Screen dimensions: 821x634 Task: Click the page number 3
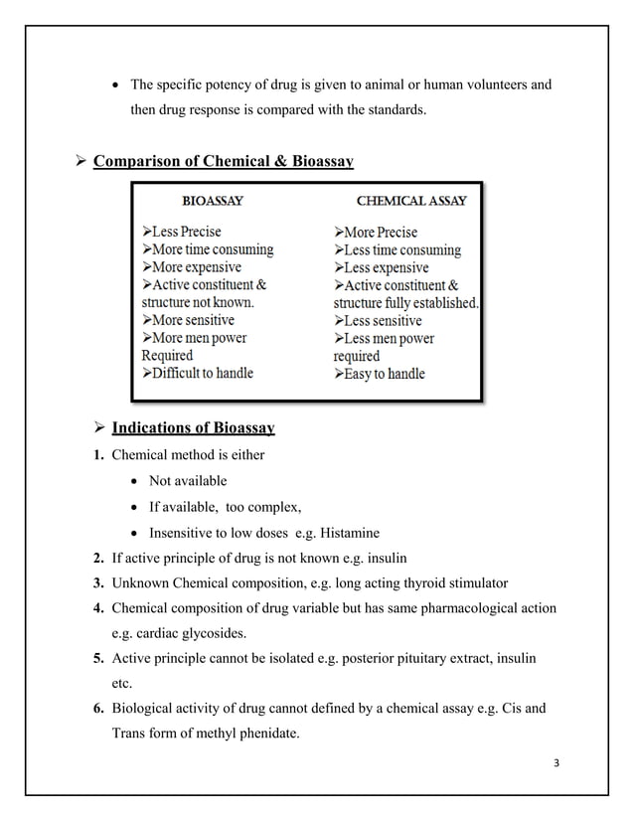(x=557, y=762)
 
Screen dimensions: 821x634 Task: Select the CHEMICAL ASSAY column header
(x=411, y=200)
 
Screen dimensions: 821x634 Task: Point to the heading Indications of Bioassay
(x=193, y=428)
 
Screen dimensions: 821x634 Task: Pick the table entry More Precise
(x=382, y=232)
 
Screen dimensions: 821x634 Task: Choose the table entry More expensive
(x=197, y=267)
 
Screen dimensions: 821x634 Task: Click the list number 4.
(x=98, y=608)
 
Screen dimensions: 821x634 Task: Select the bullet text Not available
(x=188, y=481)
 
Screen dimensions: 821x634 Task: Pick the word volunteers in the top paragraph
(x=489, y=84)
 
